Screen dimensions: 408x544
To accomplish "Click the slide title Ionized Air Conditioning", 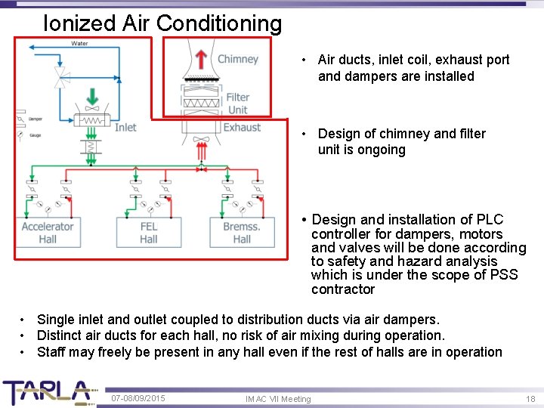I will (x=162, y=23).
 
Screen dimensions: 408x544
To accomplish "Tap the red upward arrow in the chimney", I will (x=201, y=60).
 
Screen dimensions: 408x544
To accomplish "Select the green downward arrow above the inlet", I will (x=92, y=97).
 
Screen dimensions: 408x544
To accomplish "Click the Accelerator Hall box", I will (x=48, y=233).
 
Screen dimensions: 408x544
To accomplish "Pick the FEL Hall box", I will (x=149, y=233).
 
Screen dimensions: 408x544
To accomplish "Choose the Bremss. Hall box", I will (x=242, y=233).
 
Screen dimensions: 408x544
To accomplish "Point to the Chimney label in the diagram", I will (x=238, y=59).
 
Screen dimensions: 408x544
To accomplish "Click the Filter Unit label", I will (x=238, y=103).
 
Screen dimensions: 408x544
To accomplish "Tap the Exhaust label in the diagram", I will (x=242, y=127).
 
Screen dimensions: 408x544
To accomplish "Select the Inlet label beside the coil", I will (x=125, y=127).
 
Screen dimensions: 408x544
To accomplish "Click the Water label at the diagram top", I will (x=79, y=43).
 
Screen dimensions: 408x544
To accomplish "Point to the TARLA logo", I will (x=47, y=391).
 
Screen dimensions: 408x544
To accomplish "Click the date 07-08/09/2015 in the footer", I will (x=138, y=397).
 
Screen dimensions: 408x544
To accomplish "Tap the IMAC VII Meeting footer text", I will (x=278, y=398).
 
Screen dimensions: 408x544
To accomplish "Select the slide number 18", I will (x=530, y=397).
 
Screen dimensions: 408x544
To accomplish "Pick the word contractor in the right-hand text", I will (x=342, y=289).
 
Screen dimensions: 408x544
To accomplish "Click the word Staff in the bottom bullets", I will (x=51, y=351).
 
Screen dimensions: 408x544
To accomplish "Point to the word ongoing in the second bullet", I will (x=382, y=150).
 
